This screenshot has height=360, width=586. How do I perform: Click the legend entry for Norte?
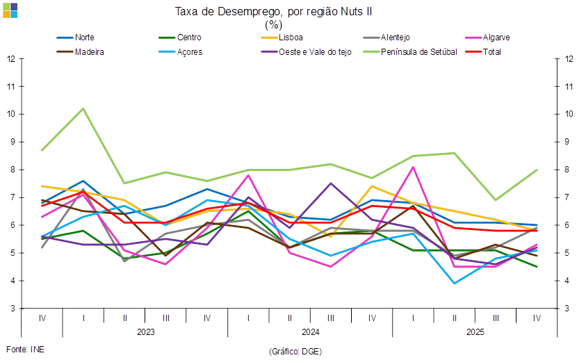(x=85, y=38)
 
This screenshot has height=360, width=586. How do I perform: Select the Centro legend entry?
(x=185, y=38)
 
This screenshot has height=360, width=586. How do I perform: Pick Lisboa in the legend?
(x=288, y=38)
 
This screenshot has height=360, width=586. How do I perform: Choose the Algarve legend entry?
(x=495, y=38)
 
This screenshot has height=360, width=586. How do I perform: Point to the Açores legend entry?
(x=190, y=52)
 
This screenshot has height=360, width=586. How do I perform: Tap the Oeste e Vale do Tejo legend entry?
(x=315, y=52)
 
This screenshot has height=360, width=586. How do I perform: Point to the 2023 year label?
(x=145, y=332)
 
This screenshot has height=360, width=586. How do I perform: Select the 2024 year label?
(x=309, y=332)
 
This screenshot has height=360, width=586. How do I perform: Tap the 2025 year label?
(x=475, y=332)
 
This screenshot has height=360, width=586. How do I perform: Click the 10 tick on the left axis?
(x=11, y=114)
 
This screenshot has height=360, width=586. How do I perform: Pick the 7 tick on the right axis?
(x=569, y=197)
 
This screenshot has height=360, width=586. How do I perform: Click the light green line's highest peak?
(x=83, y=108)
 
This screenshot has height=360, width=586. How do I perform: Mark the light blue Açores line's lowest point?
(x=455, y=283)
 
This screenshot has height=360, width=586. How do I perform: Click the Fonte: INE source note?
(x=25, y=349)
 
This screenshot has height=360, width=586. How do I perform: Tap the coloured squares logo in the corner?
(x=10, y=10)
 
